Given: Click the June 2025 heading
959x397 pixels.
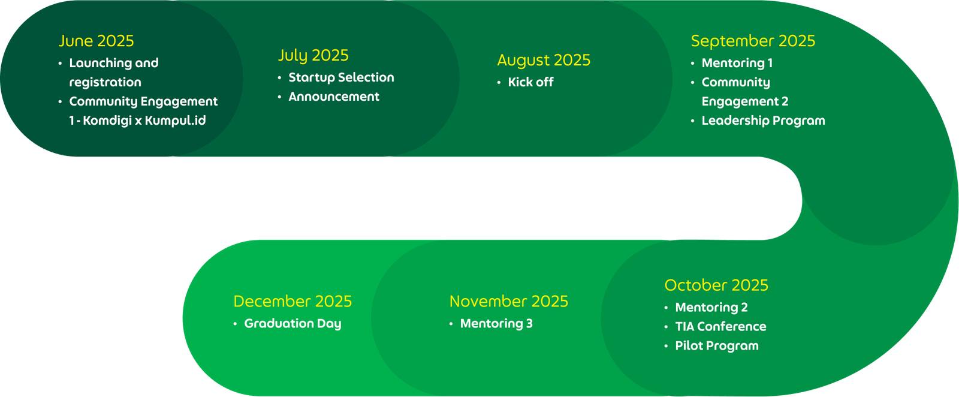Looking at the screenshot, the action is click(x=96, y=41).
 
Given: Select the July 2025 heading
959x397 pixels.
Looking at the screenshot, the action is click(x=313, y=56).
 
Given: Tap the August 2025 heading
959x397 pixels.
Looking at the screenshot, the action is click(x=544, y=61).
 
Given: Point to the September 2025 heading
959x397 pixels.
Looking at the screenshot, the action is click(x=753, y=41).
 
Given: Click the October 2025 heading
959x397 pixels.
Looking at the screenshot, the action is click(x=716, y=285).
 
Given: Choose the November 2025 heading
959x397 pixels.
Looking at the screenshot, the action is click(x=509, y=302).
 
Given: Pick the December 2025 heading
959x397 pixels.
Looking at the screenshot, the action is click(x=292, y=302).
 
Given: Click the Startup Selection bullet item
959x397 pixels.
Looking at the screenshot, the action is click(x=341, y=77).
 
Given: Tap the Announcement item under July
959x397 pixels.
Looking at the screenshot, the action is click(x=334, y=97).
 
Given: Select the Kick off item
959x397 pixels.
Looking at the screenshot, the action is click(x=530, y=82).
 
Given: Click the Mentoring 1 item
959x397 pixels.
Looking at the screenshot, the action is click(x=737, y=64).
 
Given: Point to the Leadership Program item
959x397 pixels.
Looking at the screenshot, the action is click(x=764, y=121).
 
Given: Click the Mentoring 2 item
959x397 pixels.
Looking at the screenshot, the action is click(x=711, y=308).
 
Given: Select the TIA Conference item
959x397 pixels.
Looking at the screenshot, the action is click(x=720, y=327).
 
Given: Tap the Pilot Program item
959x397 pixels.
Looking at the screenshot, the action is click(x=717, y=346).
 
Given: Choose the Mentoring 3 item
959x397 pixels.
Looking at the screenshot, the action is click(x=496, y=324).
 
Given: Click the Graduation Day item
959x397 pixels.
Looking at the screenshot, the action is click(x=293, y=324).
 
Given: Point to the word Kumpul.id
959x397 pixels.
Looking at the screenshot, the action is click(x=175, y=121).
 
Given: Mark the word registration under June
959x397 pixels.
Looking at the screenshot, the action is click(x=105, y=82).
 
